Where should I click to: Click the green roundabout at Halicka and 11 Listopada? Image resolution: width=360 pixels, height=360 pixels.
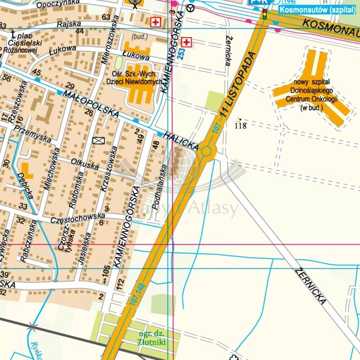pyautogui.click(x=207, y=151)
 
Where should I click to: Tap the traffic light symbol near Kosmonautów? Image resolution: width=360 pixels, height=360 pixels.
pyautogui.click(x=265, y=14)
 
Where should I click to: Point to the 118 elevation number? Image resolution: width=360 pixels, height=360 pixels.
pyautogui.click(x=241, y=125)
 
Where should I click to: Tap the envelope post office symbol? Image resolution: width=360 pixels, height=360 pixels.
pyautogui.click(x=98, y=140)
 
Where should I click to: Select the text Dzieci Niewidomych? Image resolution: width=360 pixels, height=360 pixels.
pyautogui.click(x=134, y=81)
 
